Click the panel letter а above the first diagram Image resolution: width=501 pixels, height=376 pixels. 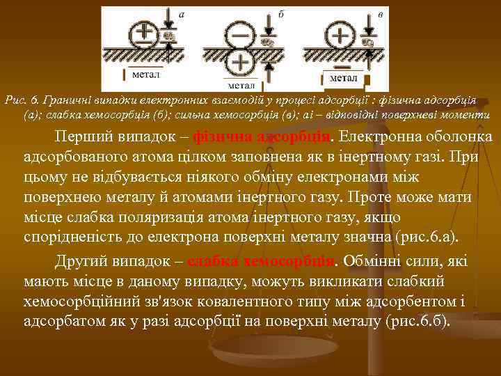(x=182, y=13)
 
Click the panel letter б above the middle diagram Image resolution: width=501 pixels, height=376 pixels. (x=280, y=13)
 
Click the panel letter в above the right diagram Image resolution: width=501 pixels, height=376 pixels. (x=379, y=13)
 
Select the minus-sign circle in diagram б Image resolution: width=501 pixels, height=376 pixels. (x=240, y=33)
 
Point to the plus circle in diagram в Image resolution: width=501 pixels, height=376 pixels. (x=340, y=33)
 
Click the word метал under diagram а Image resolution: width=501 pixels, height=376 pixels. (x=145, y=73)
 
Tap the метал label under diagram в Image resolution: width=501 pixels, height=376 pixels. (x=343, y=78)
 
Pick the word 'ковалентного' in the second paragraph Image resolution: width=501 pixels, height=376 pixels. (x=244, y=301)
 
